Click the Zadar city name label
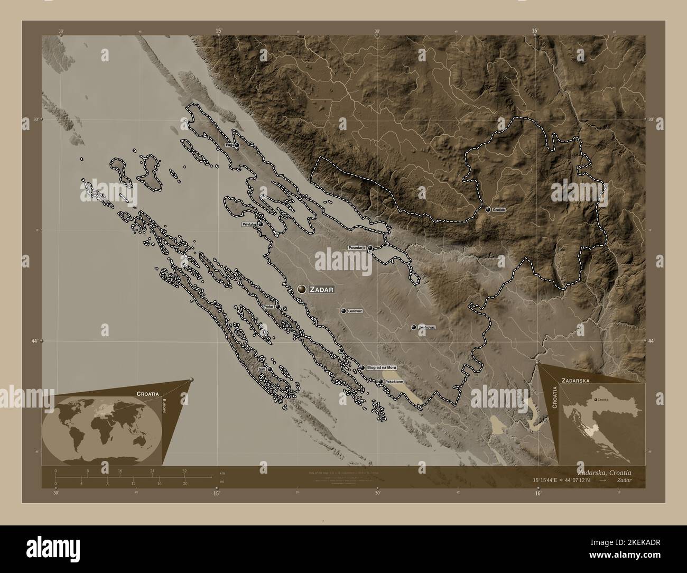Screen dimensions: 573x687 [x=322, y=289]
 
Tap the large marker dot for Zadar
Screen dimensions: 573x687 [x=302, y=289]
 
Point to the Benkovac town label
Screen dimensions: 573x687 [x=426, y=328]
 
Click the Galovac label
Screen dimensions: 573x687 [x=355, y=311]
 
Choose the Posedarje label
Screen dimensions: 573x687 [x=357, y=247]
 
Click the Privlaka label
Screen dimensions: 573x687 [x=249, y=225]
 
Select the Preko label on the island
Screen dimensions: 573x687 [x=268, y=306]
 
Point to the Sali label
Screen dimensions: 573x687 [x=262, y=369]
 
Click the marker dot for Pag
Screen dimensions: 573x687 [x=237, y=145]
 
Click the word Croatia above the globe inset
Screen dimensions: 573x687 [x=146, y=394]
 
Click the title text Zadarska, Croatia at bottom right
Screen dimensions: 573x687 [x=604, y=472]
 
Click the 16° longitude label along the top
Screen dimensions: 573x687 [x=535, y=31]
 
